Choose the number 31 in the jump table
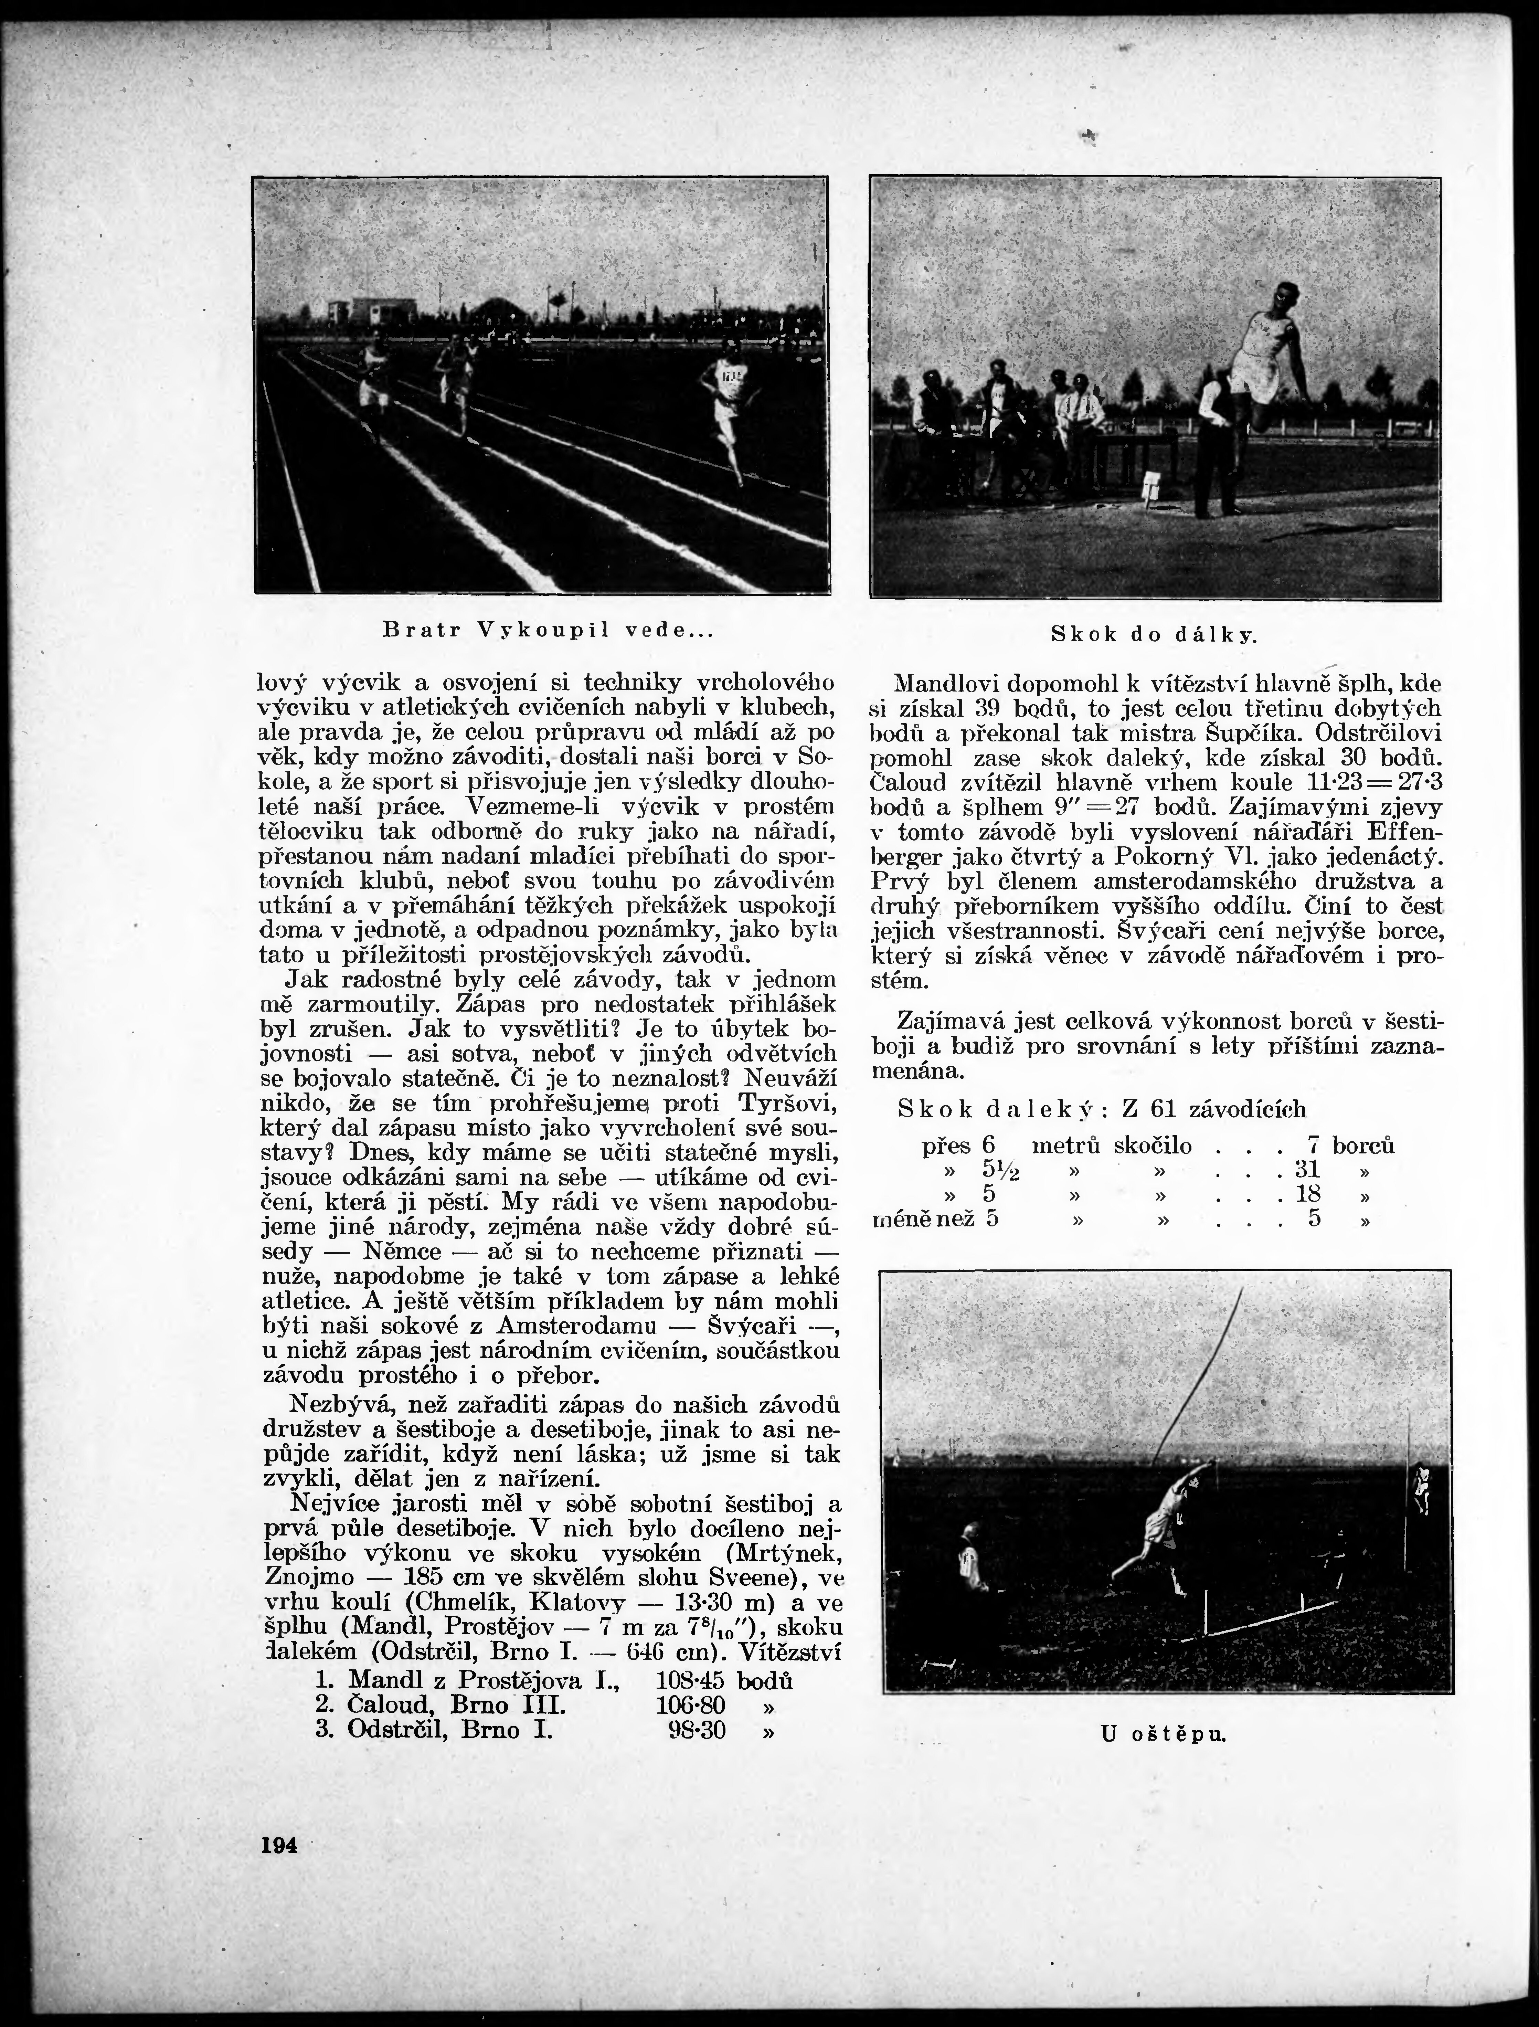pyautogui.click(x=1307, y=1170)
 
